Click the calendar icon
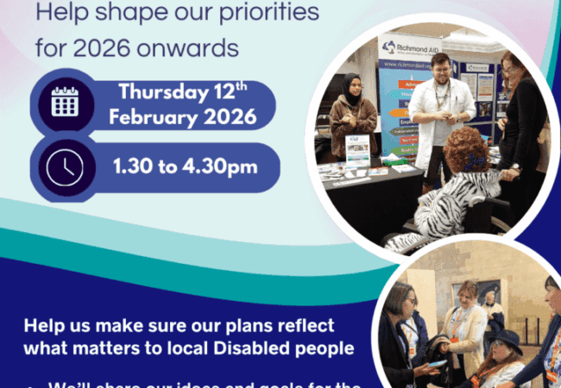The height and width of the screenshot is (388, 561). (66, 102)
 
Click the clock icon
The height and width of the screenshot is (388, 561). (66, 166)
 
